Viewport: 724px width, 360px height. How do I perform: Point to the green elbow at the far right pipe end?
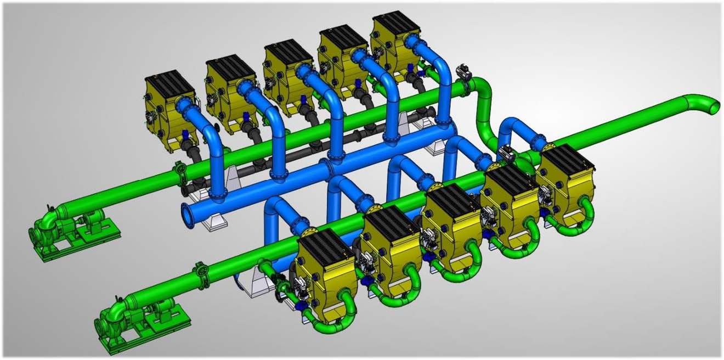click(x=708, y=104)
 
